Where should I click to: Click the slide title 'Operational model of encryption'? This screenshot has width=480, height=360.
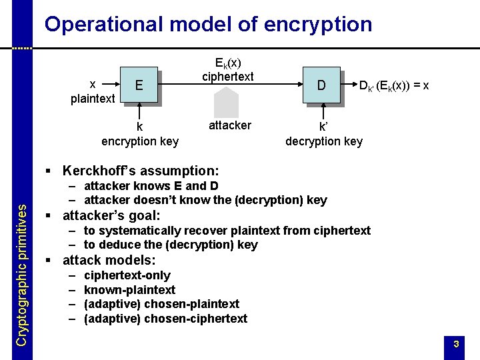(208, 25)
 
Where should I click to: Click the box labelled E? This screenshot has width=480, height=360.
(139, 85)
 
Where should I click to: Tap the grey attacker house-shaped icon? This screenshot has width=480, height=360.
(227, 102)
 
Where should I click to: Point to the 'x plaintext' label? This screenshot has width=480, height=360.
(93, 92)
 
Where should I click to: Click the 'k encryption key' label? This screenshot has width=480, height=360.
(140, 133)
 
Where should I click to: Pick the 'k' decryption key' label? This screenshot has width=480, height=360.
(323, 133)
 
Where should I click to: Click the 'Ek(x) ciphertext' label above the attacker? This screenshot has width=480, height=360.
(227, 69)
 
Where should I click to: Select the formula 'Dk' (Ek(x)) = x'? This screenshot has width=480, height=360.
(393, 85)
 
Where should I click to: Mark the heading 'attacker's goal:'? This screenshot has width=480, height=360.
(111, 215)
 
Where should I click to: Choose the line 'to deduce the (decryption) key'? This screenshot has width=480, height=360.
(171, 245)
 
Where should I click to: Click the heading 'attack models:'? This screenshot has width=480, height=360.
(109, 260)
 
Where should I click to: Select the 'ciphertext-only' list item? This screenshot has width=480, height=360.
(127, 275)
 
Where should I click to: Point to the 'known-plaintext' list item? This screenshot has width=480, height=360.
(129, 290)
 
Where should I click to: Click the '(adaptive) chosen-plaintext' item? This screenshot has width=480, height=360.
(161, 304)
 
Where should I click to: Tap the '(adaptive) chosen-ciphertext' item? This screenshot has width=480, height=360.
(165, 319)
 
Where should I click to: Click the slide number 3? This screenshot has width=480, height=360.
(456, 344)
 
